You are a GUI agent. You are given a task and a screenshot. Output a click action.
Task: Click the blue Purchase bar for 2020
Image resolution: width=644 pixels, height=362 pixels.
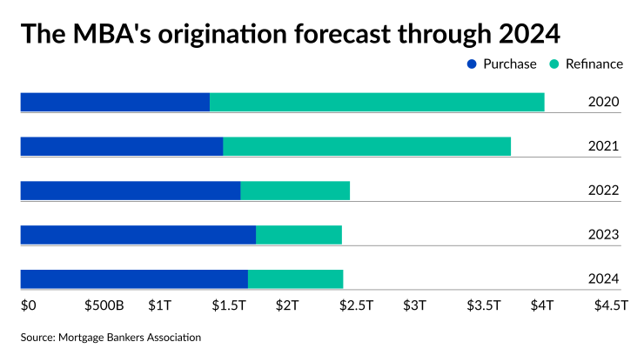click(115, 102)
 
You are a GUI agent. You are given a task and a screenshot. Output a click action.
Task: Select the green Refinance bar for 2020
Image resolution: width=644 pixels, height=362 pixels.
click(377, 102)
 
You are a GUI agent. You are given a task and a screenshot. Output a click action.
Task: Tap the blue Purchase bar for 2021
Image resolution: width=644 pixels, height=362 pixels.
click(122, 146)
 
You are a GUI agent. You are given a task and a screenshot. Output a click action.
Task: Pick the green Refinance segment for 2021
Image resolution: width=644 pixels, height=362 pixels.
click(366, 146)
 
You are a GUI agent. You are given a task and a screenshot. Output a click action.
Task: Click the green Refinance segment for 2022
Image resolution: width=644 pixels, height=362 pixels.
click(295, 190)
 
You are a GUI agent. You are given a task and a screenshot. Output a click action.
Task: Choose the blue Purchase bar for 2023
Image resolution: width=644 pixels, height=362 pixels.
click(138, 234)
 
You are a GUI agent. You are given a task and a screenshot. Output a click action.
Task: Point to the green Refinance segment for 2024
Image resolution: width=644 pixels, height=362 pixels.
click(295, 278)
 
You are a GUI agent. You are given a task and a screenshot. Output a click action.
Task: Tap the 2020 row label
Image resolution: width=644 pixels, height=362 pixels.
click(603, 103)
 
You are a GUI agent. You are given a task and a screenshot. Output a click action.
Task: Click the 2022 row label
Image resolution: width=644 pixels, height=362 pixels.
click(603, 191)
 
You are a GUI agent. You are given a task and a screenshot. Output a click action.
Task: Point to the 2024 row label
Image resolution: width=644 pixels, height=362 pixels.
click(603, 279)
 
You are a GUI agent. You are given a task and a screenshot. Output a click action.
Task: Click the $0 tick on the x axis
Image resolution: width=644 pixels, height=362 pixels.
click(28, 305)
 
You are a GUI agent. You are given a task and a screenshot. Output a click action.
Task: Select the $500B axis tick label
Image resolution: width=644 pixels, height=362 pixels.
click(104, 305)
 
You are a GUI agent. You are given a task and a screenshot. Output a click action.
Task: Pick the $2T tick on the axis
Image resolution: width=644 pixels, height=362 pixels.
click(287, 305)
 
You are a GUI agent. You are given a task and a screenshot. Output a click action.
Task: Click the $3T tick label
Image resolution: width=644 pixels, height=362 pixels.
click(415, 305)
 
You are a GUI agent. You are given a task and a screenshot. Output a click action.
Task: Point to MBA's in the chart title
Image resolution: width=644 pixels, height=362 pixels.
click(109, 34)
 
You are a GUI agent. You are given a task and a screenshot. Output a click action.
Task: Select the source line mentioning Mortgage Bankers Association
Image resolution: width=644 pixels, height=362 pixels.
click(111, 337)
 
